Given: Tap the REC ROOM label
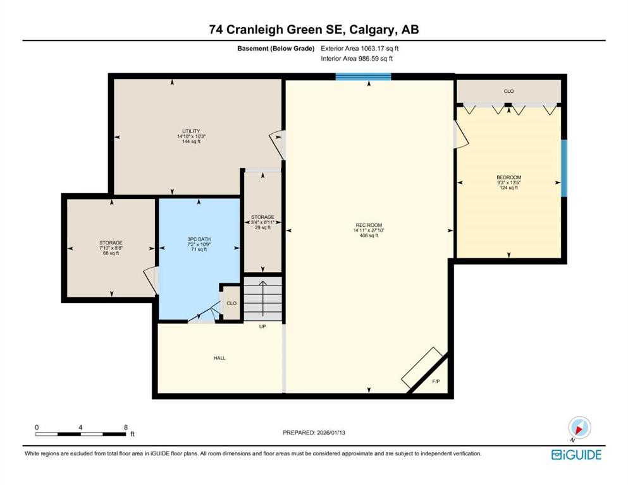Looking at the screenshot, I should point(368,225).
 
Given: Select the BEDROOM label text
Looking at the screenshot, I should point(508,177).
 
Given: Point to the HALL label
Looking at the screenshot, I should point(219,358).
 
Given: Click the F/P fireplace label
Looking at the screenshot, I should point(435,382).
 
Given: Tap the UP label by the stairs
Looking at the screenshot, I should point(262,326).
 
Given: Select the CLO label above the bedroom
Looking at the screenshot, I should point(508,92).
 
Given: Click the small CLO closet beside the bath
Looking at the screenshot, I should point(231,304).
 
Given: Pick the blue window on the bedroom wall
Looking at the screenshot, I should point(564,167).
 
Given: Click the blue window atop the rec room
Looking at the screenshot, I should point(363,77).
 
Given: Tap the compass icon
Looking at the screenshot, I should point(579,429).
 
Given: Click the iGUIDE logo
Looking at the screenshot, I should point(576,455).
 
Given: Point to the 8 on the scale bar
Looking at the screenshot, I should point(126,428).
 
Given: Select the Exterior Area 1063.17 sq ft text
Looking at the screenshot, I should point(360,48).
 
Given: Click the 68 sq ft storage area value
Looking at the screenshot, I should point(110,253).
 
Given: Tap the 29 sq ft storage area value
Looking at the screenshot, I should point(262,227).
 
